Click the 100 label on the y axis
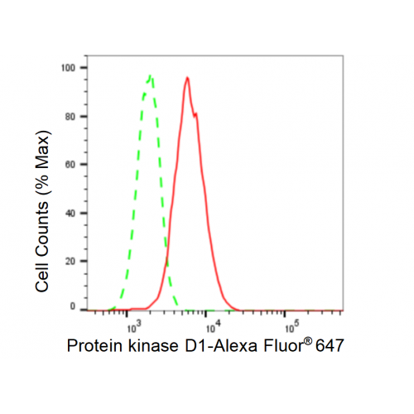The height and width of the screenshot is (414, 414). (x=68, y=68)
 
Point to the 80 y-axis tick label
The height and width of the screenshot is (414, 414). (x=70, y=117)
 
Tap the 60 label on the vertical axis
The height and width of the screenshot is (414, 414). (x=70, y=165)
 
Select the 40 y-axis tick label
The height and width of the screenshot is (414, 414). (x=70, y=213)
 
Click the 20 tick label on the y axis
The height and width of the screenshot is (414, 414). (x=70, y=261)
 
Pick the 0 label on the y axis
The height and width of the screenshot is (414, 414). (x=73, y=306)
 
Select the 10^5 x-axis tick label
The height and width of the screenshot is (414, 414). (x=292, y=326)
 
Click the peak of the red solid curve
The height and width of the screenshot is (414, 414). (x=187, y=78)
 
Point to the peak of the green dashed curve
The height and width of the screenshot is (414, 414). (x=151, y=75)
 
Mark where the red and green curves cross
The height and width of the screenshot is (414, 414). (x=166, y=260)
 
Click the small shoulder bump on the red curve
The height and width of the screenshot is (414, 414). (x=195, y=113)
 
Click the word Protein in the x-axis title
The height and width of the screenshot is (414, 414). (x=94, y=345)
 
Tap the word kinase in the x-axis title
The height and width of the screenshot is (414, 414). (x=153, y=345)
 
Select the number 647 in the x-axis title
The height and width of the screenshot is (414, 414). (x=330, y=345)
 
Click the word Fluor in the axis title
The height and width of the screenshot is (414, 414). (x=283, y=345)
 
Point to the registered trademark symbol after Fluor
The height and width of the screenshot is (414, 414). (x=308, y=341)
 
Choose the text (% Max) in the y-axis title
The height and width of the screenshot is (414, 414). (x=43, y=164)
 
